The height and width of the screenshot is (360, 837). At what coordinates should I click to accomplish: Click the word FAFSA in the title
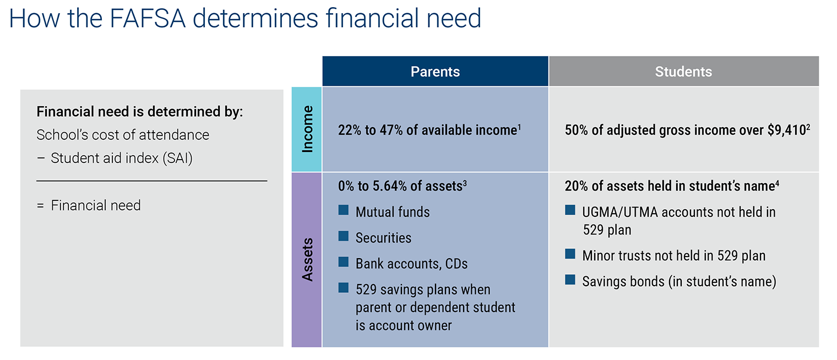pyautogui.click(x=148, y=18)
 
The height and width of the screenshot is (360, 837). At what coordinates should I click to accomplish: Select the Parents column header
pyautogui.click(x=436, y=72)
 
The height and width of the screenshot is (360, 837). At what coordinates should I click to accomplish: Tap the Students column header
pyautogui.click(x=684, y=72)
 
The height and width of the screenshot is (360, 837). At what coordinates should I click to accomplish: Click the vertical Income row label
pyautogui.click(x=307, y=129)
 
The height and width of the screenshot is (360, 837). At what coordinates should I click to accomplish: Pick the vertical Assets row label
pyautogui.click(x=307, y=260)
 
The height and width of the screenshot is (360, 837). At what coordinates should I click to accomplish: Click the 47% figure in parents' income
pyautogui.click(x=391, y=130)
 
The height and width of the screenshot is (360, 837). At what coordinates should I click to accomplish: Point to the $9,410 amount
pyautogui.click(x=786, y=130)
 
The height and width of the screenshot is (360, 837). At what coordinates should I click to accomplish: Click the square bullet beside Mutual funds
pyautogui.click(x=344, y=210)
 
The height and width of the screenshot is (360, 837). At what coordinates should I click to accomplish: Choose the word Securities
pyautogui.click(x=383, y=238)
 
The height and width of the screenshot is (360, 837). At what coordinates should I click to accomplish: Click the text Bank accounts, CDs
pyautogui.click(x=411, y=264)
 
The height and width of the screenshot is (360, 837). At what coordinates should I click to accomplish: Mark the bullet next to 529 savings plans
pyautogui.click(x=344, y=287)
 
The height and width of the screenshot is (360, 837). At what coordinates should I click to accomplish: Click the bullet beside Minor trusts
pyautogui.click(x=570, y=254)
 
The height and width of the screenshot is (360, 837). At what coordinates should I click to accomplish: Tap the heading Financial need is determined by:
pyautogui.click(x=140, y=112)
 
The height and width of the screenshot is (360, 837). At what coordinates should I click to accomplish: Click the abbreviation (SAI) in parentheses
pyautogui.click(x=177, y=159)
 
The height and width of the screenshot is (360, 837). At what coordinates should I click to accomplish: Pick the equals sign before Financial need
pyautogui.click(x=40, y=205)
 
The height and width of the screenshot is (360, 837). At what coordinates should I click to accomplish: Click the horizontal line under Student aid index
pyautogui.click(x=152, y=181)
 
